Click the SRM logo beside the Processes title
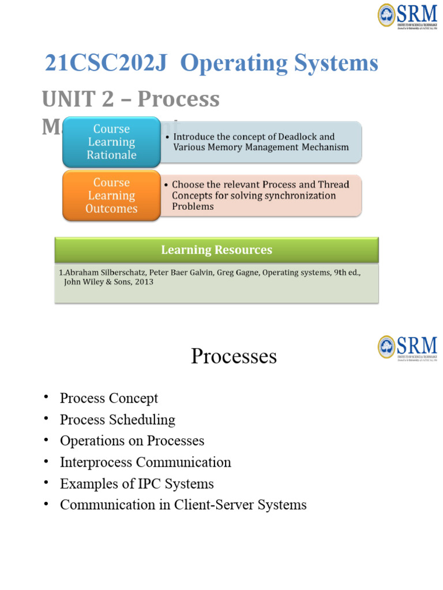tap(407, 347)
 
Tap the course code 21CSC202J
tap(106, 63)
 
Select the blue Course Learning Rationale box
tap(111, 142)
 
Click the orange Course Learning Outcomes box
tap(111, 195)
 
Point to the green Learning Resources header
tap(216, 250)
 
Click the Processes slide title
tap(234, 356)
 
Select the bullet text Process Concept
tap(108, 398)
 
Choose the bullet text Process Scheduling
tap(117, 419)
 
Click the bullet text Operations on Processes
tap(132, 441)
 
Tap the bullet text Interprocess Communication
tap(145, 462)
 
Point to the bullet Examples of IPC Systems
tap(137, 483)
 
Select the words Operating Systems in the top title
tap(279, 63)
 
